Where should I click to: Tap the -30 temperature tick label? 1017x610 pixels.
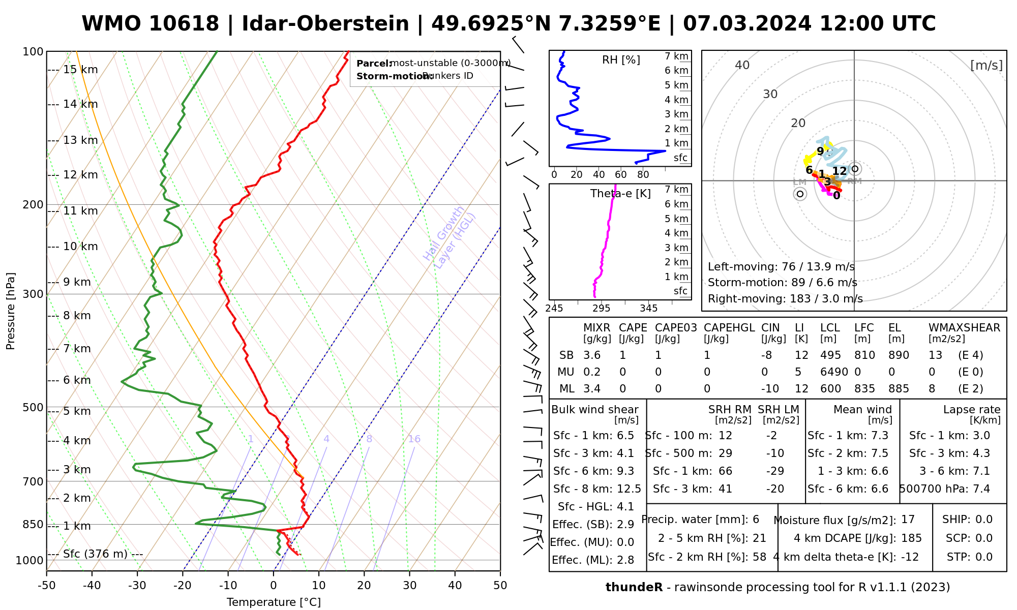[x=137, y=586]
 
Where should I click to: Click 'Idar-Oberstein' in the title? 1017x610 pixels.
[x=325, y=24]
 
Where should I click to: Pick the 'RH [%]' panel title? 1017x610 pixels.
[x=621, y=60]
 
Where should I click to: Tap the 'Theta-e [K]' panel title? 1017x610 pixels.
[x=620, y=194]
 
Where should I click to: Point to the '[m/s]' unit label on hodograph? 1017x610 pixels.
[x=986, y=65]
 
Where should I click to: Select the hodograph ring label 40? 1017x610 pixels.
[x=742, y=65]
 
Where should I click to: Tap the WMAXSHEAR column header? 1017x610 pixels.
[x=964, y=328]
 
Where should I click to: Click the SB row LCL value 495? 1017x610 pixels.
[x=830, y=355]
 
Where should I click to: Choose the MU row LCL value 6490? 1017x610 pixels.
[x=834, y=372]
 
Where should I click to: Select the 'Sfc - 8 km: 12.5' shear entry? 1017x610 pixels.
[x=597, y=489]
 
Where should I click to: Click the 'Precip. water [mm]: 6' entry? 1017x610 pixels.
[x=700, y=520]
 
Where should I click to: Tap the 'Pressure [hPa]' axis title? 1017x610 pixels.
[x=11, y=311]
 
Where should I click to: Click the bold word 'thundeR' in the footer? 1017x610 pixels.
[x=634, y=588]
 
